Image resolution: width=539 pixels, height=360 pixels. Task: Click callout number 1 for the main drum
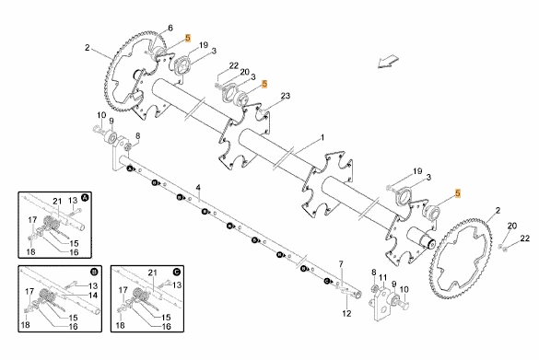(x=322, y=138)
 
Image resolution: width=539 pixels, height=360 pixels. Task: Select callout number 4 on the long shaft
(x=198, y=188)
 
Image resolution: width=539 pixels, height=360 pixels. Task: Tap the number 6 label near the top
(x=170, y=28)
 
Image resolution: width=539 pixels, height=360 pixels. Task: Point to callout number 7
(x=341, y=264)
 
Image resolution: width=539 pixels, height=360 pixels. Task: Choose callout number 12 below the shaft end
(x=346, y=313)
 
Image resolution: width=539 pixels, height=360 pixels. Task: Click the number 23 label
(x=286, y=96)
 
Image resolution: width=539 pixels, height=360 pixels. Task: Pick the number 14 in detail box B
(x=93, y=295)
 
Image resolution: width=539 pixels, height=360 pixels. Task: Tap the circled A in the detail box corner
(x=85, y=198)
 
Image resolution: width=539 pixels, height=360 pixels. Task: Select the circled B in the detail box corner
(x=94, y=272)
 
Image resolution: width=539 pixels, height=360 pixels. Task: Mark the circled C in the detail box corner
(x=176, y=272)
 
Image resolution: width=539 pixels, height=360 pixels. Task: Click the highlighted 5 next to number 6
(x=188, y=38)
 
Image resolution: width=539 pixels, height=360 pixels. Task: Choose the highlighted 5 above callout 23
(x=264, y=84)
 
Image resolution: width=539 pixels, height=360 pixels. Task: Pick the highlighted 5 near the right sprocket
(x=458, y=193)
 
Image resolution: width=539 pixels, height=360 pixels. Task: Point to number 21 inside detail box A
(x=57, y=201)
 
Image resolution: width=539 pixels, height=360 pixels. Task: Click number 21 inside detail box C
(x=152, y=273)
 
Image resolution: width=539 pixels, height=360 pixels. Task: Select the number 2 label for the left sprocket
(x=88, y=48)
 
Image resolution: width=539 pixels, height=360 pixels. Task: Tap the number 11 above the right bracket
(x=383, y=277)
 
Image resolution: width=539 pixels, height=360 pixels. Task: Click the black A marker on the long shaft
(x=130, y=168)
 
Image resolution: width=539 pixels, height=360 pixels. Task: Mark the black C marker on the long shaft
(x=327, y=281)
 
